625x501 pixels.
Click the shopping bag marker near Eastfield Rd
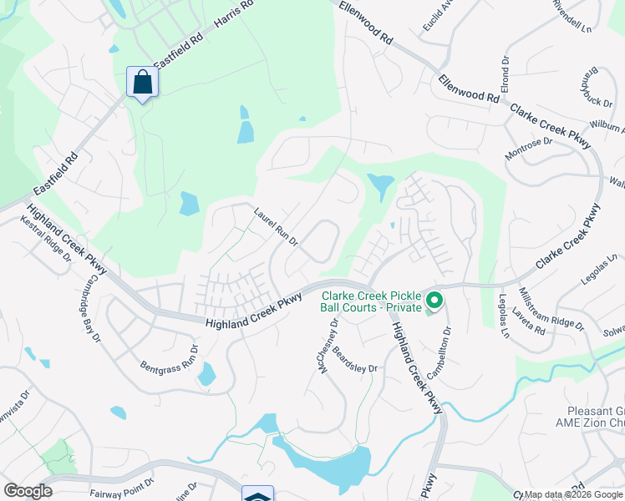point(143,83)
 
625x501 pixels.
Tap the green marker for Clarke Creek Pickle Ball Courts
point(434,300)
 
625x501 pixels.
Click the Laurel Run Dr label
point(277,227)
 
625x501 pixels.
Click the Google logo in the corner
point(28,490)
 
